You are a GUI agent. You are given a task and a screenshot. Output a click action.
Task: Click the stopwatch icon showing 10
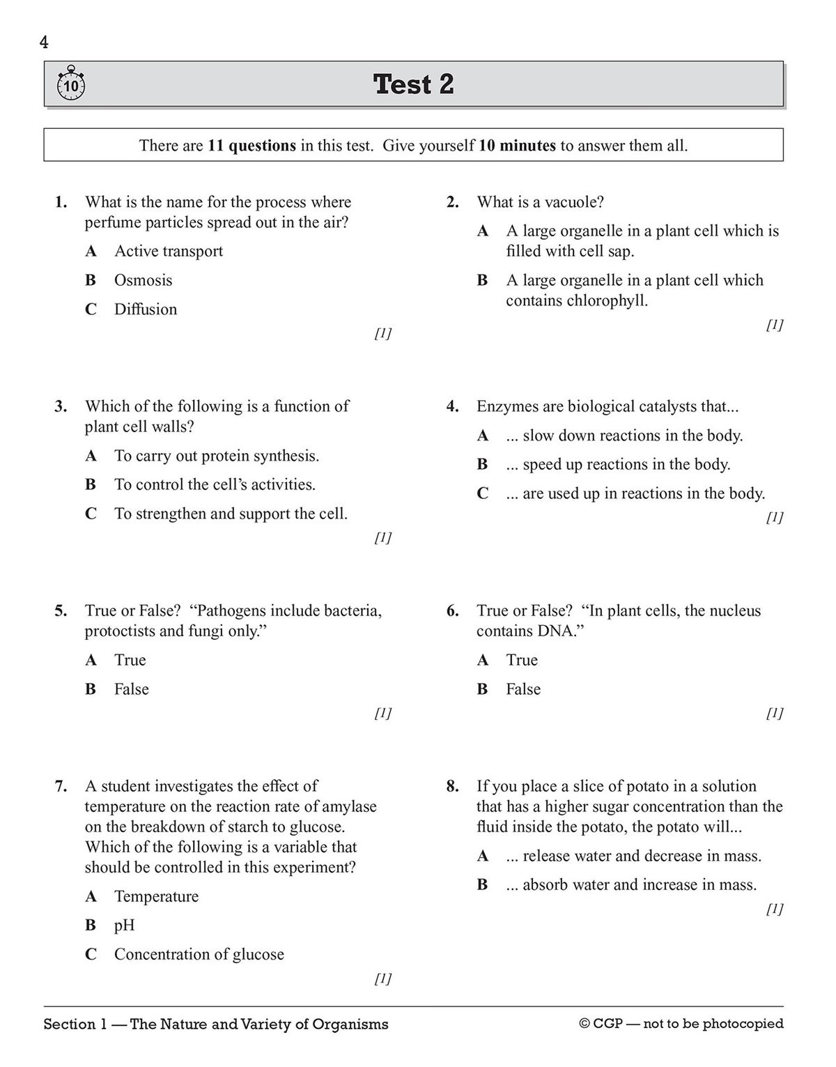pyautogui.click(x=70, y=84)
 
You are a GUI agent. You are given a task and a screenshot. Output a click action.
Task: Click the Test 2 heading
pyautogui.click(x=413, y=84)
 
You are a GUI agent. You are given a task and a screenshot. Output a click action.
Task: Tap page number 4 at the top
pyautogui.click(x=45, y=43)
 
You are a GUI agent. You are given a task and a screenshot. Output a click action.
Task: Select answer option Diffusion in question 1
pyautogui.click(x=146, y=309)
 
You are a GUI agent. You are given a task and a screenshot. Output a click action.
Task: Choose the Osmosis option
pyautogui.click(x=143, y=280)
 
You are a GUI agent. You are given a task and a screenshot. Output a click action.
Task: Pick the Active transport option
pyautogui.click(x=169, y=251)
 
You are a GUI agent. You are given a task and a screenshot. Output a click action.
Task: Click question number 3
pyautogui.click(x=61, y=406)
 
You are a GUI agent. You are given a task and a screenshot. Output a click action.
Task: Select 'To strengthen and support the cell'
pyautogui.click(x=231, y=514)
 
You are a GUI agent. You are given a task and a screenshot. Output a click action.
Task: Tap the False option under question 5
pyautogui.click(x=131, y=689)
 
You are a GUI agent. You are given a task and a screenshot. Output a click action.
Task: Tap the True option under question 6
pyautogui.click(x=522, y=660)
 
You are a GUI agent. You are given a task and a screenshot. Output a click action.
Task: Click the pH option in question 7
pyautogui.click(x=124, y=926)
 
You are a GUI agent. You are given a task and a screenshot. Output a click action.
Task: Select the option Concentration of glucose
pyautogui.click(x=199, y=954)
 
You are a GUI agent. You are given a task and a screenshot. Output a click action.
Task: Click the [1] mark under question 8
pyautogui.click(x=774, y=909)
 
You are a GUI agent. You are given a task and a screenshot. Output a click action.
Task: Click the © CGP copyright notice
pyautogui.click(x=681, y=1024)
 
